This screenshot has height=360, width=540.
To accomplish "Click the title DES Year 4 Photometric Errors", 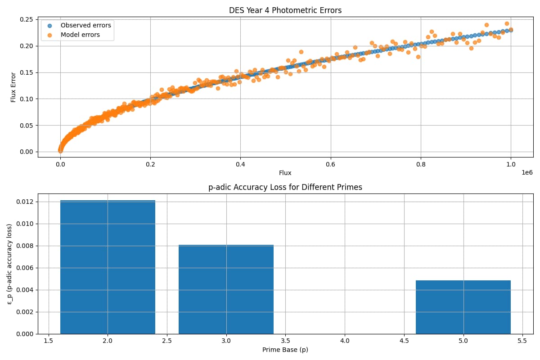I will pos(285,10).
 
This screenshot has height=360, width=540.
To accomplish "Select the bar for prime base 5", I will pos(463,307).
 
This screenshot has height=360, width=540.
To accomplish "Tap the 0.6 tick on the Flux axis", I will pos(330,164).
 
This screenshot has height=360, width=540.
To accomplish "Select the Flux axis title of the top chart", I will pos(285,173).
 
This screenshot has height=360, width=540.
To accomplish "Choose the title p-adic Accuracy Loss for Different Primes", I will pos(285,187).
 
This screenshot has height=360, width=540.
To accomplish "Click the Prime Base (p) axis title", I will pos(285,350).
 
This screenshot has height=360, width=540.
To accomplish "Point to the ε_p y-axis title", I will pos(9,264).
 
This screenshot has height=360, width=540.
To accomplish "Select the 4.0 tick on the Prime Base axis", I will pos(345,341).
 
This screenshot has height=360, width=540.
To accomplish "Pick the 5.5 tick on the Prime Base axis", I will pos(522,341).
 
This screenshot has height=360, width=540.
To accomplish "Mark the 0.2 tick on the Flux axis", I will pos(150,164).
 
